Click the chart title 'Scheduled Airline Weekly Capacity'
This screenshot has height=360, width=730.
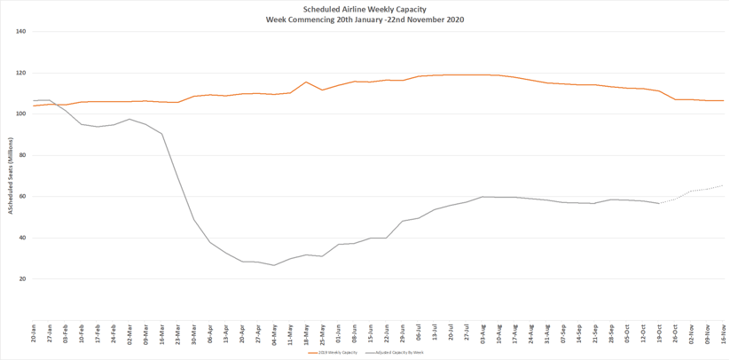(365, 9)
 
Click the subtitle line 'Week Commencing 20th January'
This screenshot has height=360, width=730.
(365, 20)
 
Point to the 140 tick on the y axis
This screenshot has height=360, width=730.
(21, 32)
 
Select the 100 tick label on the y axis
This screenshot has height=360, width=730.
(21, 114)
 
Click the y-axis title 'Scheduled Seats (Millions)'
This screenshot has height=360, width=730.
(11, 176)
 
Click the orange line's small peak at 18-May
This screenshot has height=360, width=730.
(306, 82)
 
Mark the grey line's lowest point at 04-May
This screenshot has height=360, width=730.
(274, 265)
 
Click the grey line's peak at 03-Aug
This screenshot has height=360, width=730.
(483, 197)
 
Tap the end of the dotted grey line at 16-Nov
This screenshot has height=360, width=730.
(723, 185)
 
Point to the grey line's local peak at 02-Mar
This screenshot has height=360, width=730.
(130, 119)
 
